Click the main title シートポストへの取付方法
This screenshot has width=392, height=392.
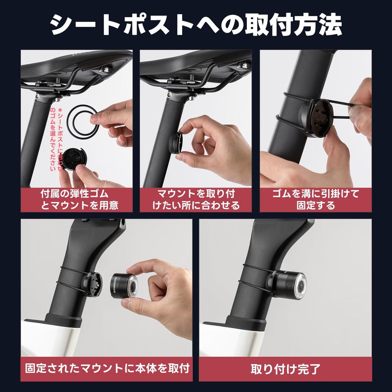(196, 24)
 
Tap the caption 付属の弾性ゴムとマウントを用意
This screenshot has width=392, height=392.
(77, 200)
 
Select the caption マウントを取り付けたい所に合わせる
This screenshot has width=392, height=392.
(196, 200)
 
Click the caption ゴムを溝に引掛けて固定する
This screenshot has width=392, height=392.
(315, 200)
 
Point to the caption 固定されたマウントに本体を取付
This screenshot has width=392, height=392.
(107, 369)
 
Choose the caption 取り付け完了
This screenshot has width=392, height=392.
(286, 369)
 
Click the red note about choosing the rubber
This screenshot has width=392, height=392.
(56, 139)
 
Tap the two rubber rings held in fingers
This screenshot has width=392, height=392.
(83, 121)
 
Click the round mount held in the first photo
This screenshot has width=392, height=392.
(75, 159)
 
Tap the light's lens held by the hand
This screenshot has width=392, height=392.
(132, 285)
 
